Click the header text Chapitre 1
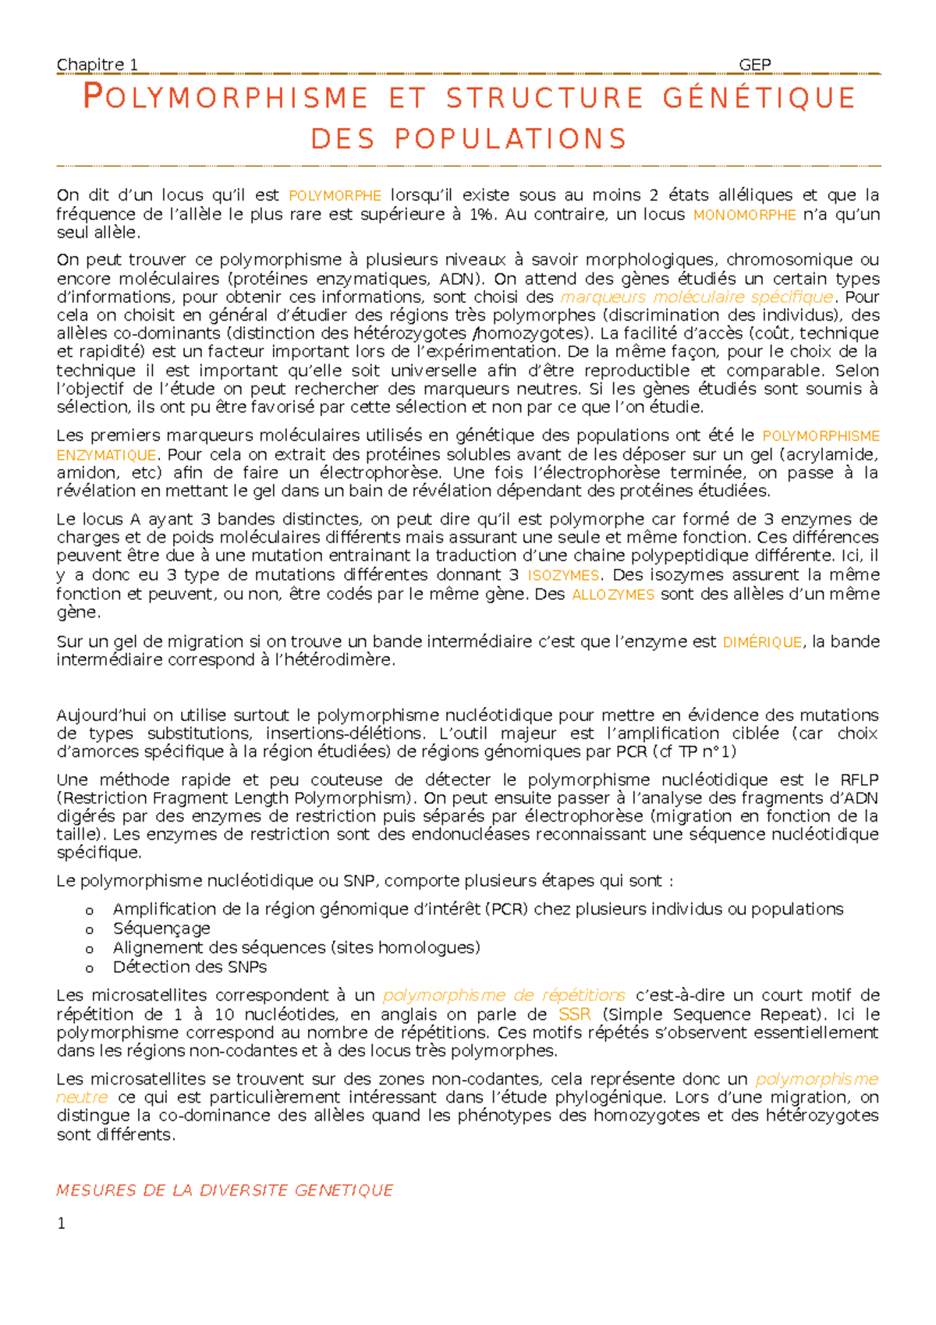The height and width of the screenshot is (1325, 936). click(x=97, y=65)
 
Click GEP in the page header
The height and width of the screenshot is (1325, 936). click(x=754, y=65)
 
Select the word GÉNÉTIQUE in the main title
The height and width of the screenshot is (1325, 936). click(x=759, y=98)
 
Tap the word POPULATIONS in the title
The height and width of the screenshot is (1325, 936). click(x=511, y=139)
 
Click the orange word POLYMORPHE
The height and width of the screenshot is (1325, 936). click(x=335, y=196)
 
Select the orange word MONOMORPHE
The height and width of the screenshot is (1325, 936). click(x=744, y=215)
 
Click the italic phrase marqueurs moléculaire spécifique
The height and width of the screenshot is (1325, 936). click(x=697, y=297)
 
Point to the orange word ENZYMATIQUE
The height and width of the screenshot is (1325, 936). click(x=106, y=455)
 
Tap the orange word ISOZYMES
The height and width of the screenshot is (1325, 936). click(x=563, y=576)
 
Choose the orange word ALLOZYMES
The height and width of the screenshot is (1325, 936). click(x=612, y=595)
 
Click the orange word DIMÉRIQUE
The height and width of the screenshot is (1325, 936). click(x=762, y=642)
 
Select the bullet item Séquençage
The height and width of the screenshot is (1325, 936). click(x=161, y=929)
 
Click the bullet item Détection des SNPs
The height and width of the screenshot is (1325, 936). click(x=190, y=967)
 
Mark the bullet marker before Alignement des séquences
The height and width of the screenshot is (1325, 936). click(x=90, y=949)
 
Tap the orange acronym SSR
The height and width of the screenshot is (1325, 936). click(x=574, y=1014)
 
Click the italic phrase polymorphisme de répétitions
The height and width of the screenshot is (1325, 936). click(x=504, y=996)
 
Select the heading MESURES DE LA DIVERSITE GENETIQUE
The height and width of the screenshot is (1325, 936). click(x=225, y=1190)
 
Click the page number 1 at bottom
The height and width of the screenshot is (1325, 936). click(x=61, y=1224)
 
